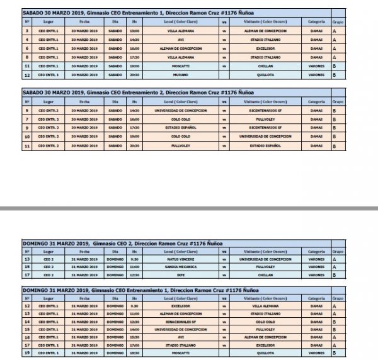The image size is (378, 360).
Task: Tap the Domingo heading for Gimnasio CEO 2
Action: pyautogui.click(x=117, y=243)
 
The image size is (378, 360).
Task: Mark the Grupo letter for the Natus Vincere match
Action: pyautogui.click(x=335, y=259)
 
